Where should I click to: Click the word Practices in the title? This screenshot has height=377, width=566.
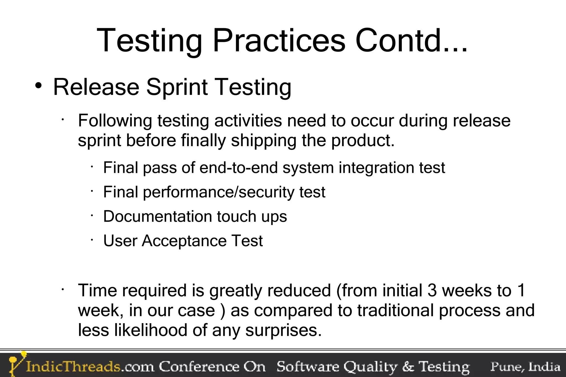(279, 41)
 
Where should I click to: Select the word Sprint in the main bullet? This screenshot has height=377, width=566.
(177, 87)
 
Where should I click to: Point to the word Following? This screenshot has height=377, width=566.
(115, 121)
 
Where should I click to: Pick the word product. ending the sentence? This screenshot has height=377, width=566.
(363, 141)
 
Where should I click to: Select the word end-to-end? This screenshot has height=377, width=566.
(239, 168)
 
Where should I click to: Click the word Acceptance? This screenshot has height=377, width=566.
(184, 241)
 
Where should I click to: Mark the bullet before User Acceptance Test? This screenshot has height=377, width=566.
(92, 240)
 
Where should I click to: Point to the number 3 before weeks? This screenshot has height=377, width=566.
(432, 291)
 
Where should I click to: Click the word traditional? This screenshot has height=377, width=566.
(395, 310)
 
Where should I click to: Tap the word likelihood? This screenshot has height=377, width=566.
(151, 330)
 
